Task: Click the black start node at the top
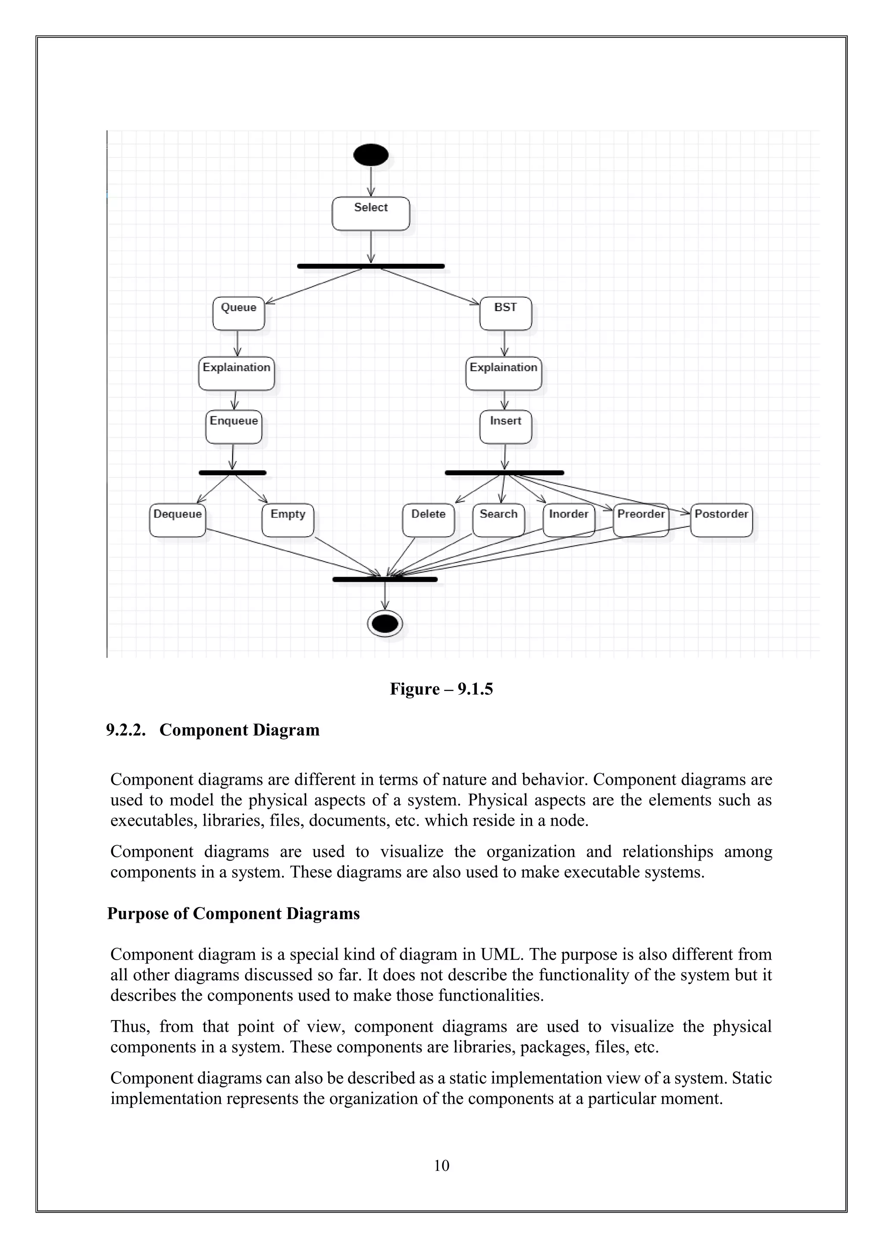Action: [x=371, y=155]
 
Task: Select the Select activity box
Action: [x=371, y=214]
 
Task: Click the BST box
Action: [x=505, y=314]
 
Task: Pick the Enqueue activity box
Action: [x=234, y=427]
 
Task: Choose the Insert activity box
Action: [x=505, y=427]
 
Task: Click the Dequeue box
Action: [x=177, y=520]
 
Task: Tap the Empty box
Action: [x=288, y=520]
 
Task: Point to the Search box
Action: [x=498, y=520]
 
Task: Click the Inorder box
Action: [x=568, y=520]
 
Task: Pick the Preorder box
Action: [x=641, y=520]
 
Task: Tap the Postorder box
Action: [x=721, y=520]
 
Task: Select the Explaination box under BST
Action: [x=504, y=374]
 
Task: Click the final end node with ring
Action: [x=385, y=624]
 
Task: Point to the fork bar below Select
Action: [x=371, y=266]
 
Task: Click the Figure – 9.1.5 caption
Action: [x=441, y=689]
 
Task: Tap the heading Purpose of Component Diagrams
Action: [x=233, y=913]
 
